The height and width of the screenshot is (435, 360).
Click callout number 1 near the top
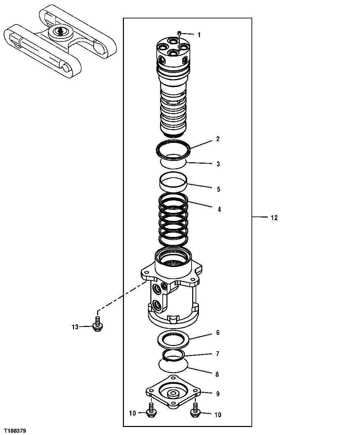(x=199, y=35)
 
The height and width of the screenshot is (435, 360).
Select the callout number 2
(x=218, y=139)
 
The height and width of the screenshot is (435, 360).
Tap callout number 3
(x=218, y=164)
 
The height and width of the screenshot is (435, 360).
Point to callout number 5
(x=218, y=189)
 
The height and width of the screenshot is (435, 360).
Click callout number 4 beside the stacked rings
(x=219, y=210)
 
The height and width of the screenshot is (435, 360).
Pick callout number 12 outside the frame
(x=274, y=218)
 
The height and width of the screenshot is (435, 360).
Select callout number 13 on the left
(x=75, y=327)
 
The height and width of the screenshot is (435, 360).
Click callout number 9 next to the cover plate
(x=218, y=394)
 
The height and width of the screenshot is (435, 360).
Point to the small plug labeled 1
(x=179, y=33)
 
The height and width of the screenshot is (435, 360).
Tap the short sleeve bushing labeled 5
(x=173, y=181)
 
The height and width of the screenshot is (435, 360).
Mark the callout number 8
(x=217, y=374)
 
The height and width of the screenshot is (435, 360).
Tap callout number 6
(x=218, y=333)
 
